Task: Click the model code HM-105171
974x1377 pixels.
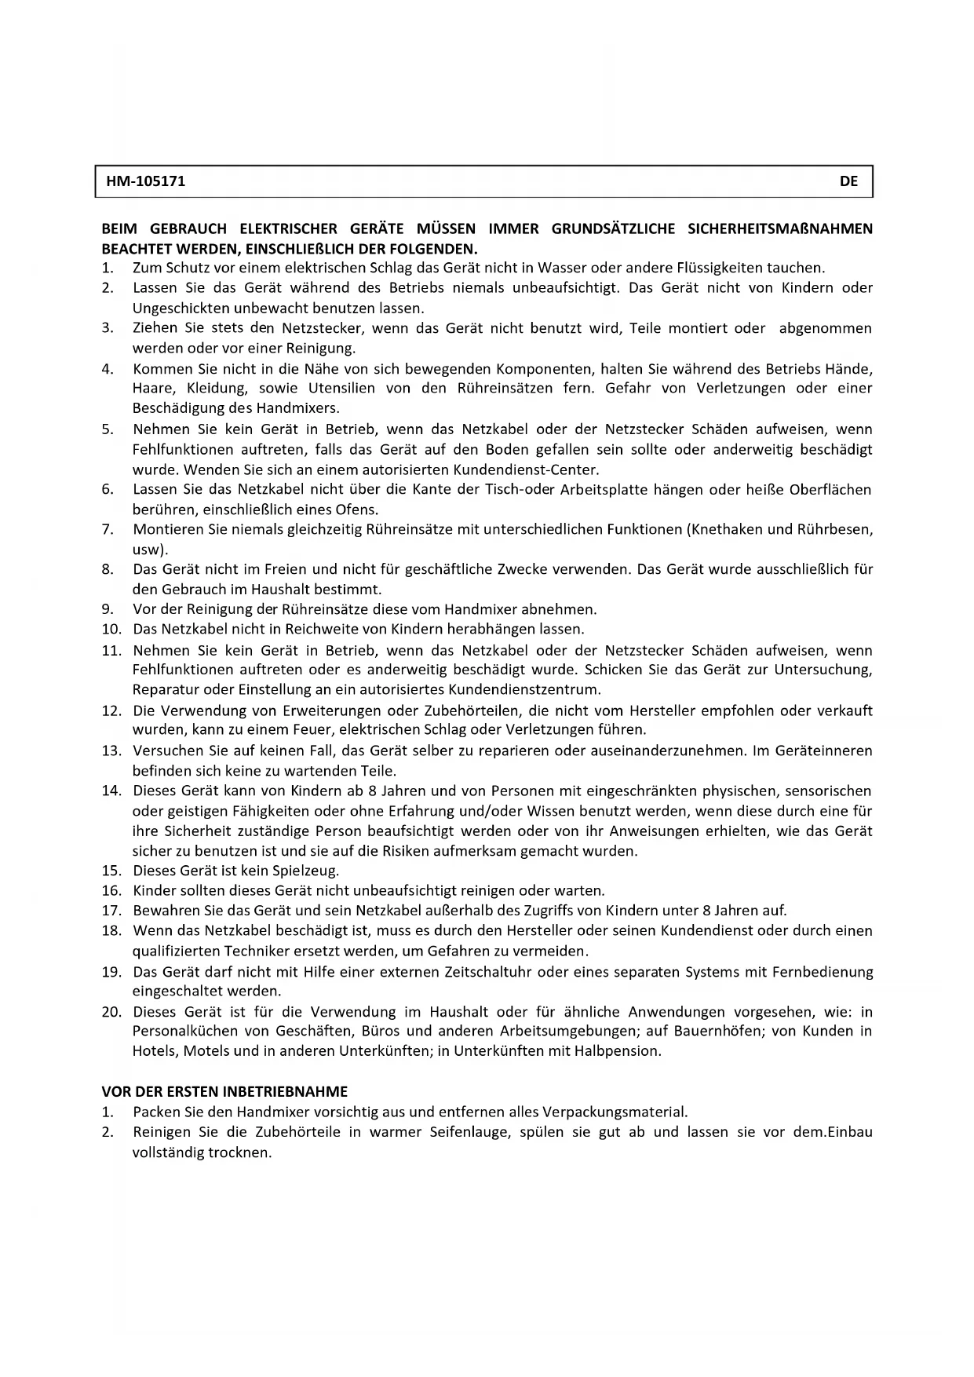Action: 145,181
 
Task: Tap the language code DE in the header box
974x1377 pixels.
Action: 848,181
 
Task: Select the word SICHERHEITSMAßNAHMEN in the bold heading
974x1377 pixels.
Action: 779,229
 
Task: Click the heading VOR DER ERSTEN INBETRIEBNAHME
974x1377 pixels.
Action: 224,1091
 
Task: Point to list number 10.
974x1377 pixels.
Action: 111,629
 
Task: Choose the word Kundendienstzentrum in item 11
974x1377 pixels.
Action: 523,690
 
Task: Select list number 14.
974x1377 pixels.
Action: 111,791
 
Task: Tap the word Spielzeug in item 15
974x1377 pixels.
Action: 305,871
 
